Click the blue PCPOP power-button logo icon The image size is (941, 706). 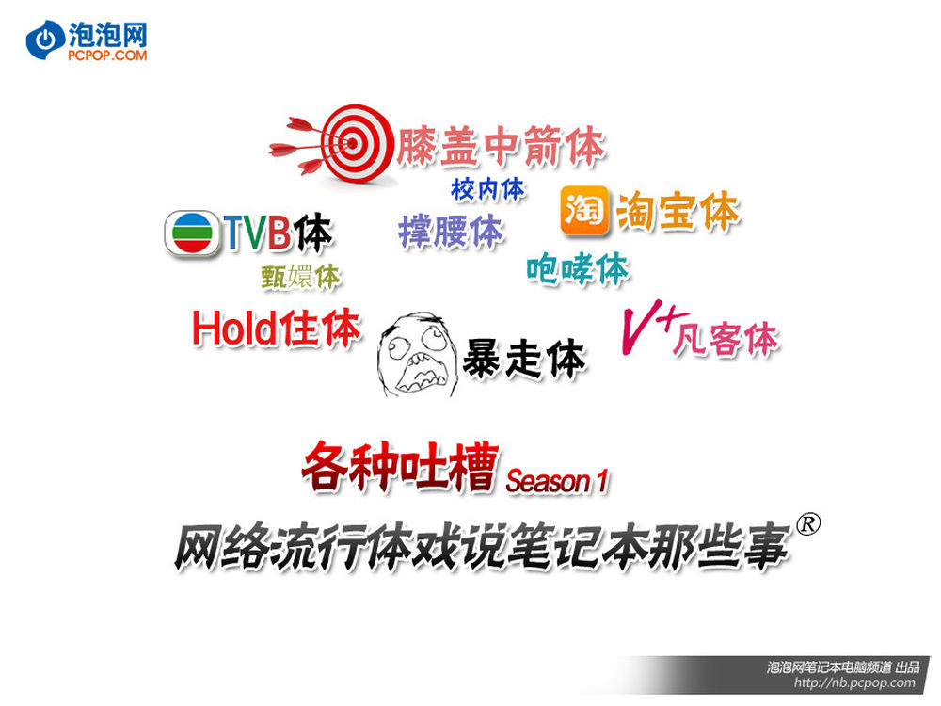tap(45, 40)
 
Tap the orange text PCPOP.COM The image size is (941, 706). tap(107, 56)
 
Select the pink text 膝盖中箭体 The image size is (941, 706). tap(501, 146)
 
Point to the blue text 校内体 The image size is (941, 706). tap(487, 189)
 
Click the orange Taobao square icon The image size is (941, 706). tap(584, 211)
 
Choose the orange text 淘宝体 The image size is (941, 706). tap(678, 211)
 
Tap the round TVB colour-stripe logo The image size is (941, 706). tap(193, 233)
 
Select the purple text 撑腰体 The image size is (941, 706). tap(451, 232)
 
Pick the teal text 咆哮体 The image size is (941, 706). tap(578, 269)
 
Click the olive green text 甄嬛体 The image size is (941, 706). tap(300, 277)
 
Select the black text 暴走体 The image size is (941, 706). tap(524, 359)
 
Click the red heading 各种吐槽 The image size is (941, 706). tap(400, 467)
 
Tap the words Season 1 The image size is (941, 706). tap(556, 481)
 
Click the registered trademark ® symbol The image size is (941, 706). tap(807, 523)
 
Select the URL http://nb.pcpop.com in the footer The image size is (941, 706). tap(854, 682)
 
